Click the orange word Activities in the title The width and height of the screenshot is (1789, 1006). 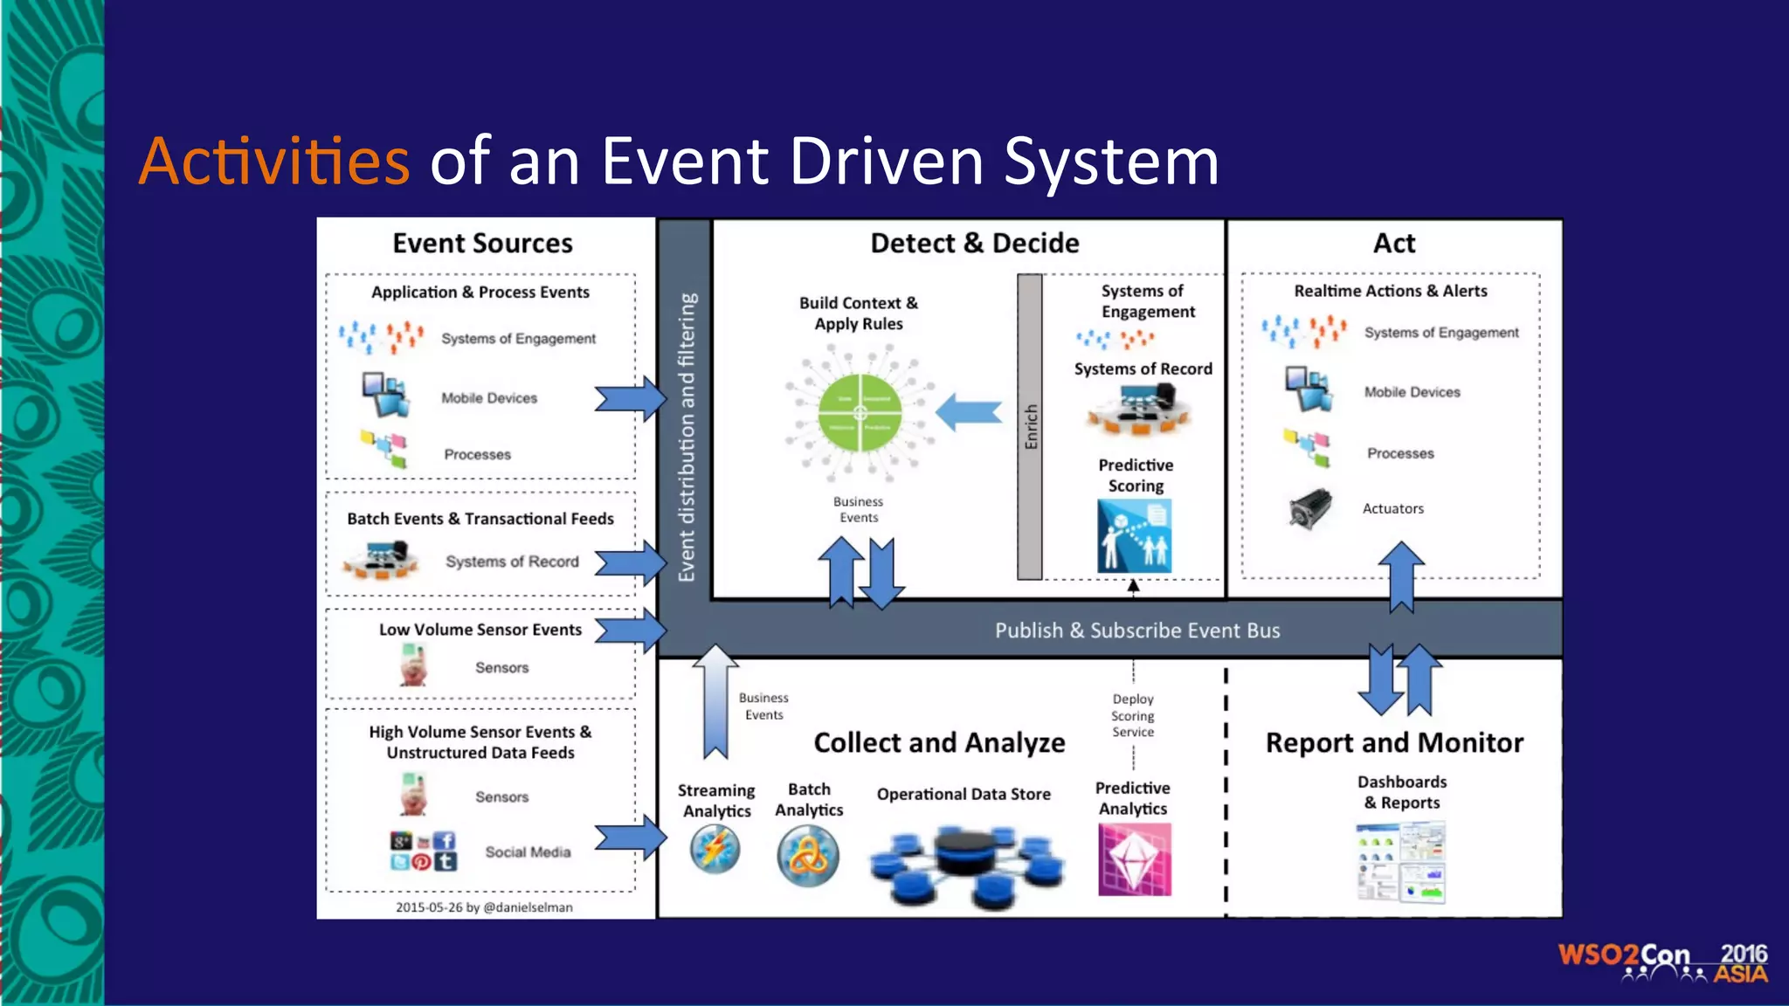(274, 162)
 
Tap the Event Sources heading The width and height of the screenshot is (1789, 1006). (482, 243)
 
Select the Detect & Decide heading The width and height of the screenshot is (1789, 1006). (974, 243)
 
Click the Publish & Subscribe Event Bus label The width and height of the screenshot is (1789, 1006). (1136, 630)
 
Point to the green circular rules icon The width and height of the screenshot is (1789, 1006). (860, 413)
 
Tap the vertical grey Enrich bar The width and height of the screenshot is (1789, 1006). (1030, 426)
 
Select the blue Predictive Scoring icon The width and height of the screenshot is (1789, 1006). (1134, 535)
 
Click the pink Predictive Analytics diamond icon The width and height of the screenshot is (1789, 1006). (1134, 860)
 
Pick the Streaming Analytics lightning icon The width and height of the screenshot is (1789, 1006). (715, 850)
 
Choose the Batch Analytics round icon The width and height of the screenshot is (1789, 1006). (808, 856)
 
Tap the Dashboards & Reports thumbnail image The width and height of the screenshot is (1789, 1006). (1401, 861)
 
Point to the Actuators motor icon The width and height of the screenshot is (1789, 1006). (1310, 508)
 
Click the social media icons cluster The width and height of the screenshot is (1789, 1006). (423, 851)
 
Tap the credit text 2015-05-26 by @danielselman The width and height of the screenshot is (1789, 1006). (484, 907)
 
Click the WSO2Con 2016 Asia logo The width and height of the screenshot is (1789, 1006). (1662, 962)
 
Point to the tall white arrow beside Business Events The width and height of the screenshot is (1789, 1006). (715, 703)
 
